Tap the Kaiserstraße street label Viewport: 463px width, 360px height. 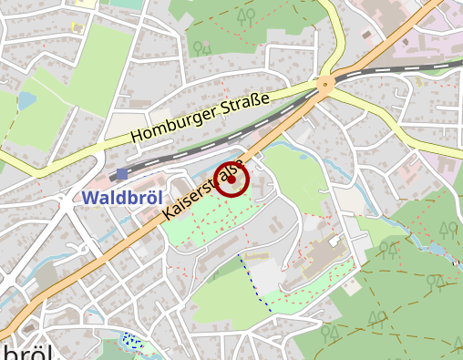click(x=204, y=190)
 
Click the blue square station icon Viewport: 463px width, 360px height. click(x=122, y=173)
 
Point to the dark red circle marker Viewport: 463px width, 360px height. click(x=231, y=180)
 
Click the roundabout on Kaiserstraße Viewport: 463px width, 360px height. click(x=325, y=86)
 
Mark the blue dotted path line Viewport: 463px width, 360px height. click(x=256, y=283)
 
